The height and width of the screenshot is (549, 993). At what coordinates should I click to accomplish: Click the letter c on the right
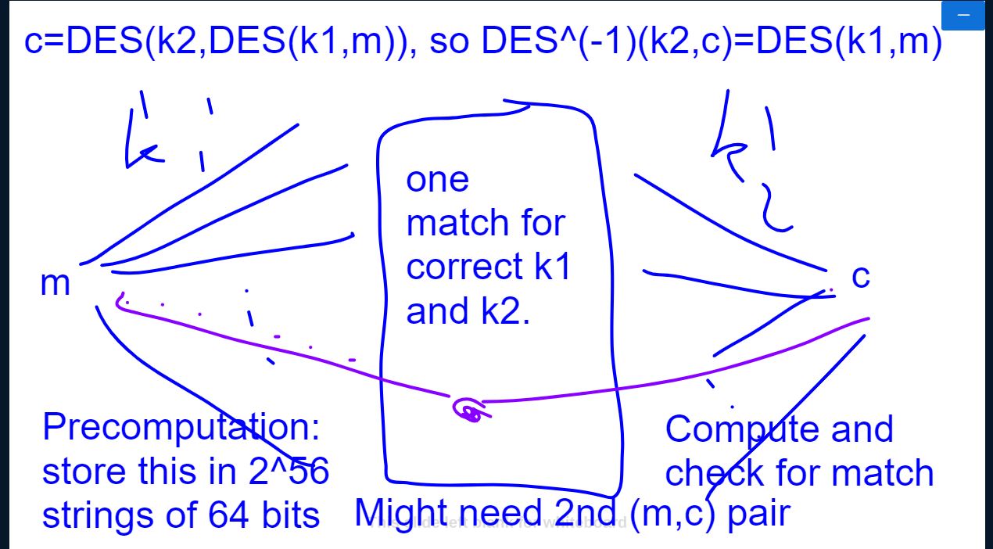click(860, 276)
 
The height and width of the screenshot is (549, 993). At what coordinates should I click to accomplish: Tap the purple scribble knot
click(470, 410)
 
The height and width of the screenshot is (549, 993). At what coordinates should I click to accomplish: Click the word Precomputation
click(181, 429)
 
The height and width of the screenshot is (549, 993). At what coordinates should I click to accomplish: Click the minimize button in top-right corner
click(963, 16)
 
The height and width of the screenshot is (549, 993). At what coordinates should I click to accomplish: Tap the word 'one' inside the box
click(437, 180)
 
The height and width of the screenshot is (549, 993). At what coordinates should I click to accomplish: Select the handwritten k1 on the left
click(168, 133)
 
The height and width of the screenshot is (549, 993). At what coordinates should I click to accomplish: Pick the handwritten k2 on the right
click(751, 164)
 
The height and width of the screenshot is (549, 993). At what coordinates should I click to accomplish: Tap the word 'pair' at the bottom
click(758, 515)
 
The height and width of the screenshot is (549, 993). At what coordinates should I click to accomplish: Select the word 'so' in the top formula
click(449, 42)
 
